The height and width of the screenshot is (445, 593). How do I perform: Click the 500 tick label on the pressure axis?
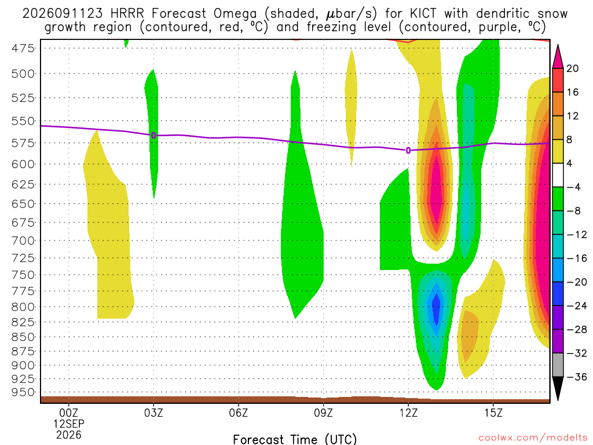23,74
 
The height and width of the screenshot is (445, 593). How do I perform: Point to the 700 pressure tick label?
23,240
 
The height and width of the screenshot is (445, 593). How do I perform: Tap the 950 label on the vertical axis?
23,392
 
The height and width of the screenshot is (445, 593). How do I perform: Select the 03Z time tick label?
153,413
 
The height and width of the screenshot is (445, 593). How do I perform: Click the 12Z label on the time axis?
408,413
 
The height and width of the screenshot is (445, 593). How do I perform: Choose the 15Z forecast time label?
493,413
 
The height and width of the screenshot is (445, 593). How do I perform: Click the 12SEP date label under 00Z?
69,424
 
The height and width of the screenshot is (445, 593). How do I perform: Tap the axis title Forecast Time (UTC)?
295,439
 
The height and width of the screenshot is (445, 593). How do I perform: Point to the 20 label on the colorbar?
572,68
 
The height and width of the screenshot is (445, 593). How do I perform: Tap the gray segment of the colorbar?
558,365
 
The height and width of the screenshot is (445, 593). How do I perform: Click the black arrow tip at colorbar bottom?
558,400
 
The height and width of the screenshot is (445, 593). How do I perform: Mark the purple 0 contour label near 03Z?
153,136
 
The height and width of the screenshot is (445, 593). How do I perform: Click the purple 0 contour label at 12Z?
408,151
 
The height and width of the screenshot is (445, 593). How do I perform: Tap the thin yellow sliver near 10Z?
352,107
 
